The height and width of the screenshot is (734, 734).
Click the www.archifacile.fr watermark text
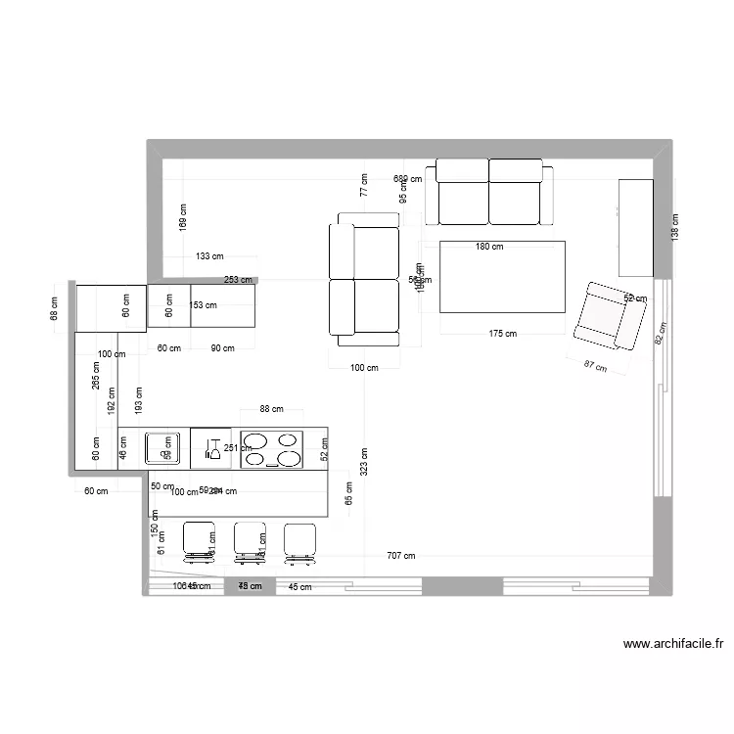672,644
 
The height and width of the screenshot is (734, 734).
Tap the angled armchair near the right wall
609,315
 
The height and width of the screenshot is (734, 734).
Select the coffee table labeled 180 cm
502,277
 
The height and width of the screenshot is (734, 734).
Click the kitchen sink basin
161,448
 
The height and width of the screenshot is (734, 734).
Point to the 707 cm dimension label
400,556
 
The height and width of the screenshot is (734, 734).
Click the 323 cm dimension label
364,462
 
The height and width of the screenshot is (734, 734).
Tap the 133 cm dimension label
209,257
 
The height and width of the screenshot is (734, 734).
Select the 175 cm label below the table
502,334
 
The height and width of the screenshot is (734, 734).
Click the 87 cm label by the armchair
594,367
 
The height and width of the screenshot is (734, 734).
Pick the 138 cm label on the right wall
674,229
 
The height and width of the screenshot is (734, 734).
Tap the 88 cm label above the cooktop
271,409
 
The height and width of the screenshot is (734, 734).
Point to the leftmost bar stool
200,541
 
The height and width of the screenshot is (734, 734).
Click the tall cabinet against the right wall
635,227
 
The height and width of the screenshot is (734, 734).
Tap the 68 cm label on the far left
55,308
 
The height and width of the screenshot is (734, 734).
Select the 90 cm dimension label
222,348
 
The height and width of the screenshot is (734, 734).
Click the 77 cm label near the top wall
363,186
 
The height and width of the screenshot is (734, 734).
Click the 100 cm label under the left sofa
364,368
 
